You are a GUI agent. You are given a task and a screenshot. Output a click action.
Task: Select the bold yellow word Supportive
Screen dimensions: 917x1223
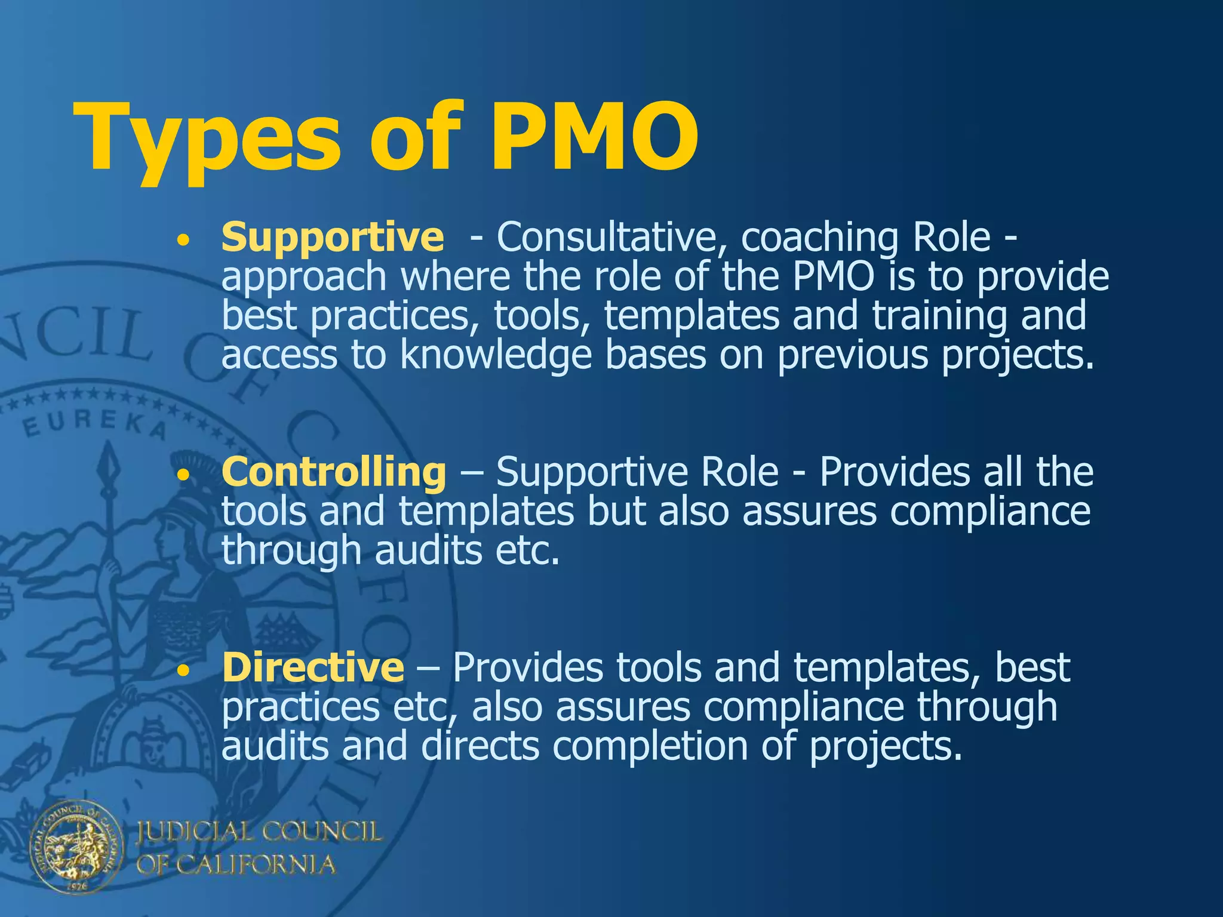pos(333,237)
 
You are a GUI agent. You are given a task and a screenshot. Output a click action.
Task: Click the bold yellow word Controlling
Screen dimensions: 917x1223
pos(334,472)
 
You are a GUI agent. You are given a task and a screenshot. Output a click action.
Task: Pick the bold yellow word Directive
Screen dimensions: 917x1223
pos(313,667)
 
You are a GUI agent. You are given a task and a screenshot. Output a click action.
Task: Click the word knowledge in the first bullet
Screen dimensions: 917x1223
pos(496,355)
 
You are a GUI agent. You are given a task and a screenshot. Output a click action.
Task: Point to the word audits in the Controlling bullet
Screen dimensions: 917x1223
pos(428,550)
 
